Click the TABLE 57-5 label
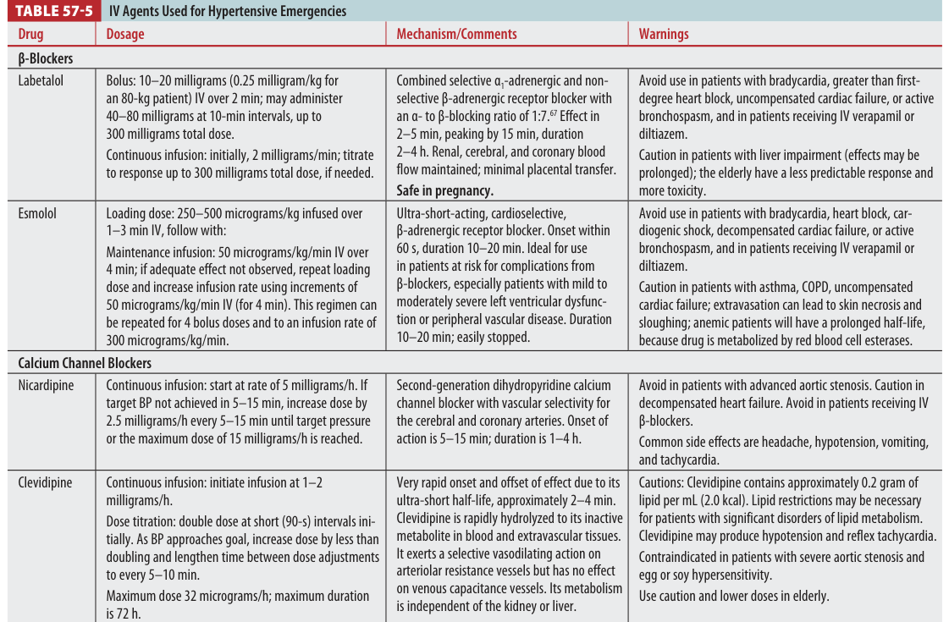click(x=52, y=11)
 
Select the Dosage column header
click(x=125, y=35)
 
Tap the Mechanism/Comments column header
click(x=456, y=35)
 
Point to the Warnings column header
click(x=664, y=35)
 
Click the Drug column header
click(x=30, y=35)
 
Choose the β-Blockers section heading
click(x=46, y=59)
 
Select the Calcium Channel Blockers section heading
click(x=85, y=362)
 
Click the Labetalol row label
click(x=41, y=81)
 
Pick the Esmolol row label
click(x=37, y=213)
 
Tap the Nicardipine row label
click(x=45, y=385)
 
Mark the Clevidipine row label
click(x=45, y=483)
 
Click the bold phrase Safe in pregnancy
click(x=444, y=190)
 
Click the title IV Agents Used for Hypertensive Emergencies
click(x=228, y=11)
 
